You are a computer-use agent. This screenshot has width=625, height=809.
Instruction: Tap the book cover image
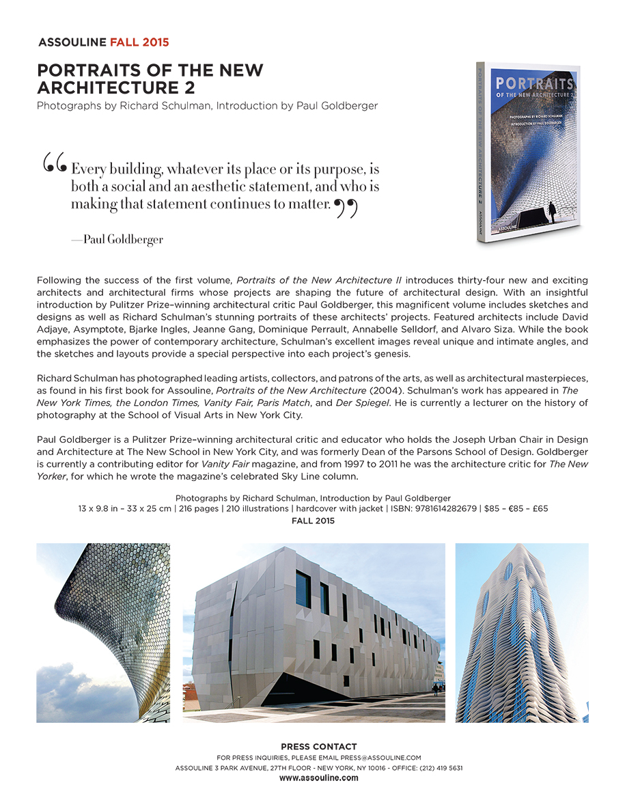tap(527, 154)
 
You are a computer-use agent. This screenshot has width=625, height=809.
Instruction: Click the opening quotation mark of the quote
tap(55, 163)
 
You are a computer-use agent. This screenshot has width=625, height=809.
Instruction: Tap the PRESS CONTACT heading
tap(318, 747)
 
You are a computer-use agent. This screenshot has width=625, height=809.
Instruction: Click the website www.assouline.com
tap(318, 778)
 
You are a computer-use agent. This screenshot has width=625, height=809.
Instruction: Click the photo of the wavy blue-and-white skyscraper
tap(522, 633)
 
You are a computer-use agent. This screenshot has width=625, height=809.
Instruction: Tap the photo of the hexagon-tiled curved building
tap(103, 633)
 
